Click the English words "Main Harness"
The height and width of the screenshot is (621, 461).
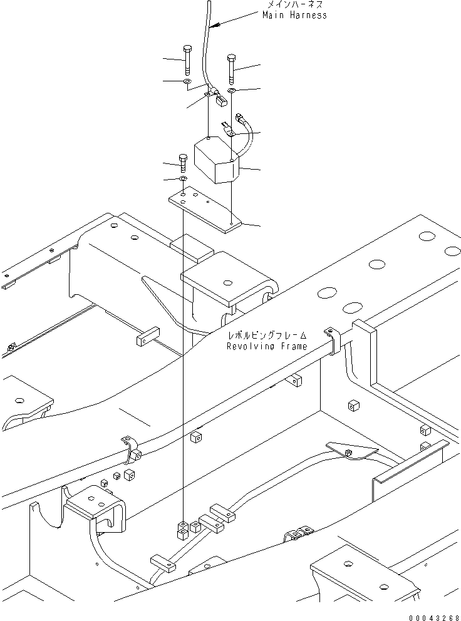tap(294, 15)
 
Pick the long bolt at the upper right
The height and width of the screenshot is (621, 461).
tap(231, 69)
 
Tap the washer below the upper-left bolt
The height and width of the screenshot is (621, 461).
tap(187, 81)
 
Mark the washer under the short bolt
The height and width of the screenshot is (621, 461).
tap(183, 180)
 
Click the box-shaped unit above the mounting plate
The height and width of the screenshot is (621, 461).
tap(217, 162)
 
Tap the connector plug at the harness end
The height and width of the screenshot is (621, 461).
tap(219, 100)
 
